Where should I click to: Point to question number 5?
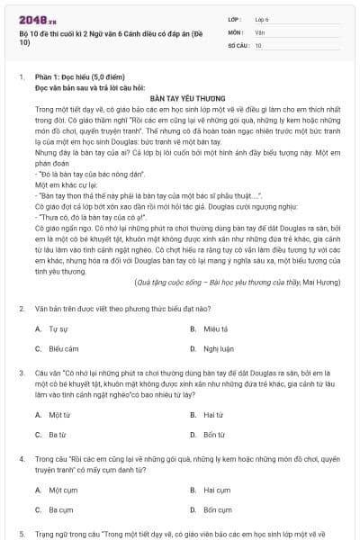22,533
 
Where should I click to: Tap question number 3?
22,371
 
